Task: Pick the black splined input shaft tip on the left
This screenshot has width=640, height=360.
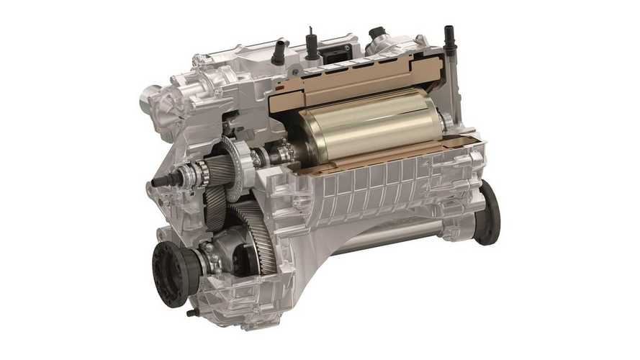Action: point(160,181)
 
